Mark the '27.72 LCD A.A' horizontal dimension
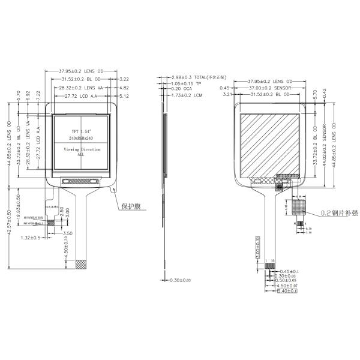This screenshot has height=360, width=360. coord(80,95)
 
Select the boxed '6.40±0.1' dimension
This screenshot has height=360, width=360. coord(283,292)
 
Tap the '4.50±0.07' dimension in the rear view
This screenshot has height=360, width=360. coord(283,286)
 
